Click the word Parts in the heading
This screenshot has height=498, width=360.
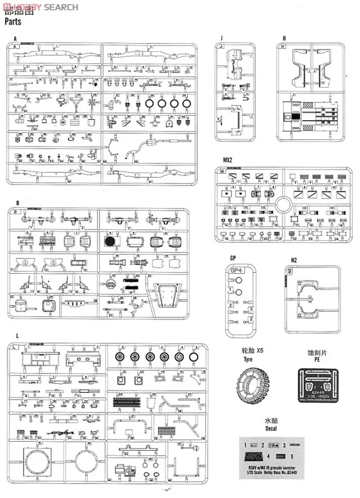click(x=15, y=23)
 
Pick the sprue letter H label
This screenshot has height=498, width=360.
click(x=285, y=38)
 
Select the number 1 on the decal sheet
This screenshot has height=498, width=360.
click(x=245, y=444)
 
